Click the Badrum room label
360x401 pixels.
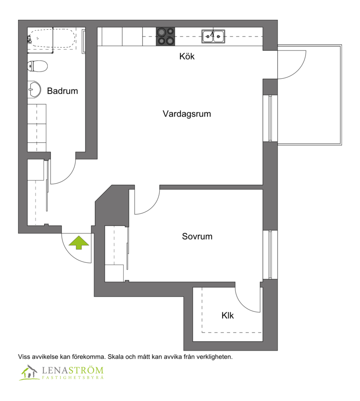click(x=63, y=91)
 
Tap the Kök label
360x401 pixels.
click(x=187, y=56)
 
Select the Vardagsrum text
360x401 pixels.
click(x=187, y=114)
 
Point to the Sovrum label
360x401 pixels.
click(x=197, y=236)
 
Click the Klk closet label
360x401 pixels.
click(x=228, y=315)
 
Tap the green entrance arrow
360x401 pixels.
click(x=79, y=243)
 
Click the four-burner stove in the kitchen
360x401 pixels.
click(x=166, y=36)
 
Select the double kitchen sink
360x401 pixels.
click(x=213, y=36)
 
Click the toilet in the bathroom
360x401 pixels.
click(x=37, y=66)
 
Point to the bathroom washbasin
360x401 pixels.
click(x=34, y=89)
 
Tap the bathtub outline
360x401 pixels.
click(x=52, y=38)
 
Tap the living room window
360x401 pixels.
click(x=270, y=118)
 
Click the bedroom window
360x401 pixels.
click(x=270, y=254)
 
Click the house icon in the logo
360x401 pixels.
click(x=29, y=372)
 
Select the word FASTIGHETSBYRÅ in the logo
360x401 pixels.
click(x=72, y=378)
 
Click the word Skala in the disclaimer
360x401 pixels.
click(x=116, y=357)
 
